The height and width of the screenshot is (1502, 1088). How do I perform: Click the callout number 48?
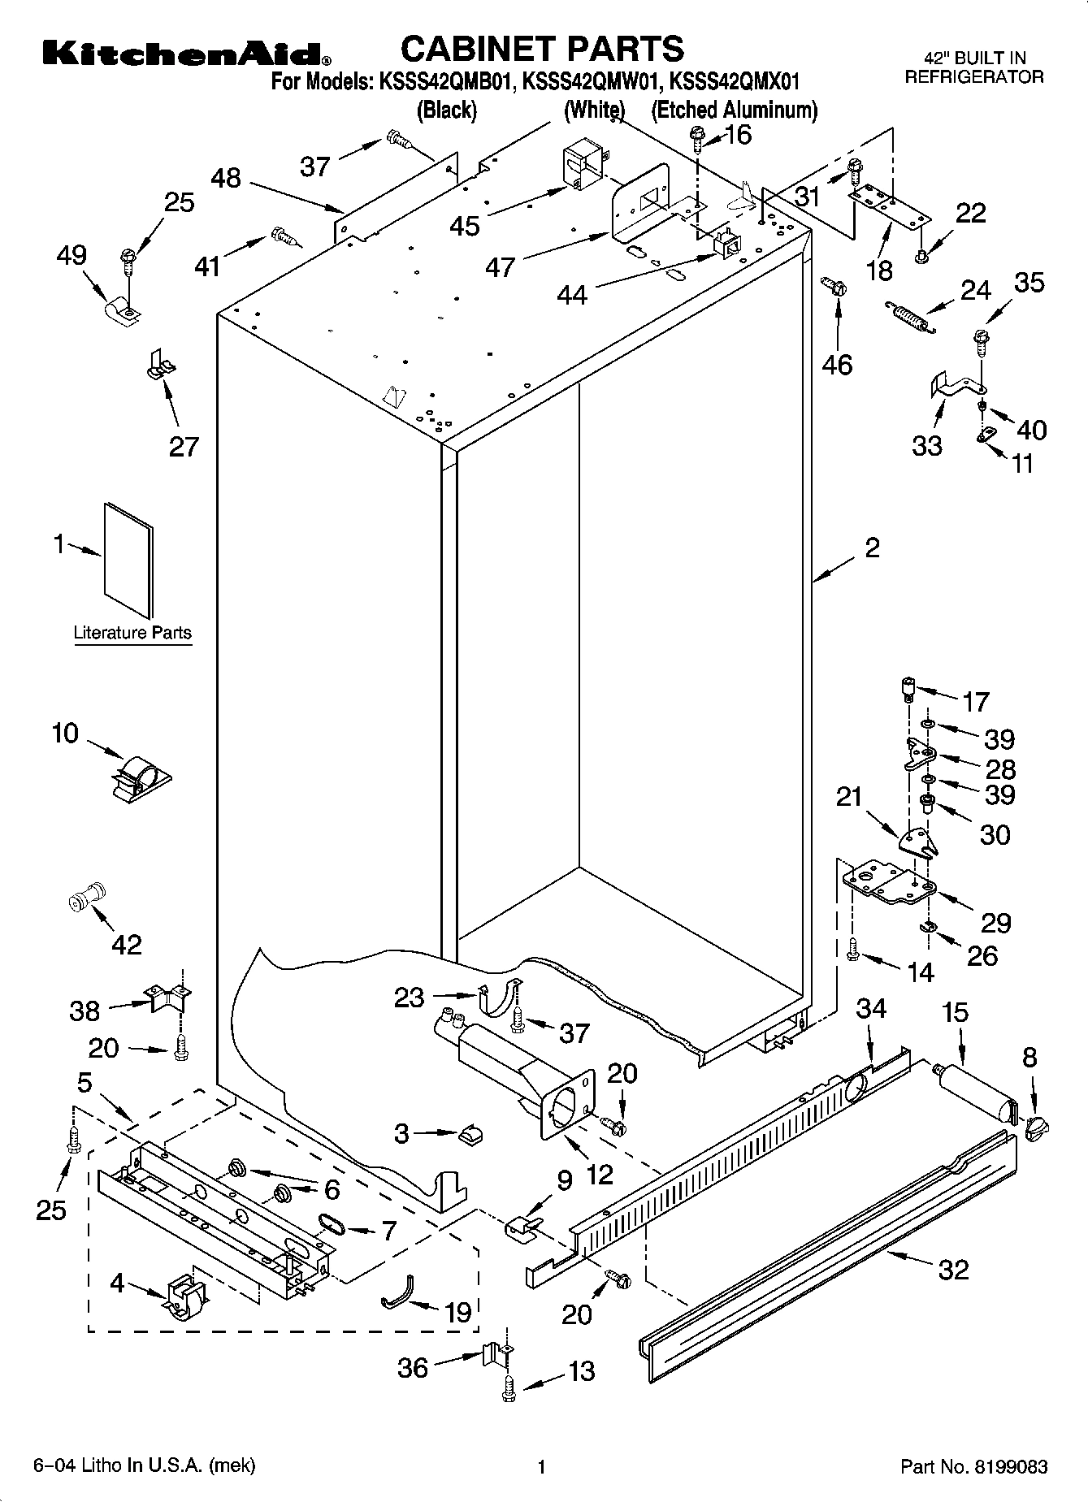point(226,178)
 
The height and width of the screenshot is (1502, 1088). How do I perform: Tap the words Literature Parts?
point(132,633)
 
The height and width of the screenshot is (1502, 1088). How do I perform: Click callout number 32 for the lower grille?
point(952,1269)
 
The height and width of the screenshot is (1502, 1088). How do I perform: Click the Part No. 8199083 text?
point(973,1467)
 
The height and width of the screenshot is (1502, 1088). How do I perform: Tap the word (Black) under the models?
point(446,110)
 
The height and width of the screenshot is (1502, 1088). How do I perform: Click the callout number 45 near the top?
point(465,225)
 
